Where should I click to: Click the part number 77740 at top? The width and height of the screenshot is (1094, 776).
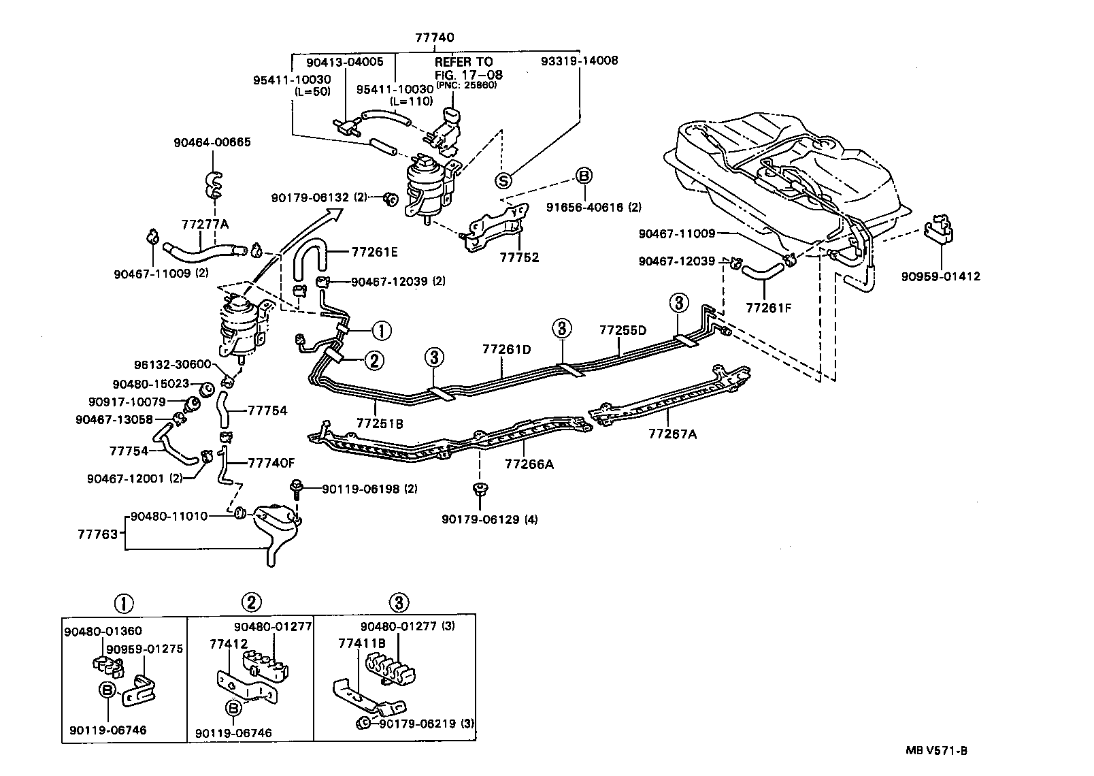pos(435,38)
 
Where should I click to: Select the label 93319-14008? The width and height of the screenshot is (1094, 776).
pos(580,61)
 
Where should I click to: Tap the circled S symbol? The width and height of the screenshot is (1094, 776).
pos(503,180)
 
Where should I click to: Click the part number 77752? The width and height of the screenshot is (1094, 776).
pos(519,257)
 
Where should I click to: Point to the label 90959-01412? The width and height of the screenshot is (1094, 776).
pos(941,276)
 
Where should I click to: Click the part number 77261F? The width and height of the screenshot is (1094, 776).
pos(769,308)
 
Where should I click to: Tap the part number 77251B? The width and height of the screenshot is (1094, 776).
pos(380,423)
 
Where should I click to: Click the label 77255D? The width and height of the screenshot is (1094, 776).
pos(623,331)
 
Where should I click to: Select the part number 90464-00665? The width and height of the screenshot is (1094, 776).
pos(212,142)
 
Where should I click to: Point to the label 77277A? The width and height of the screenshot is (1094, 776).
pos(205,224)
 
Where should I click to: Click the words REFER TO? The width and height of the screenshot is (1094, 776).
pos(463,62)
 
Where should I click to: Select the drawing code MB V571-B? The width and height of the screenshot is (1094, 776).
pos(936,751)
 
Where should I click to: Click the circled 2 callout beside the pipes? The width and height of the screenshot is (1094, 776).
pos(374,361)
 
